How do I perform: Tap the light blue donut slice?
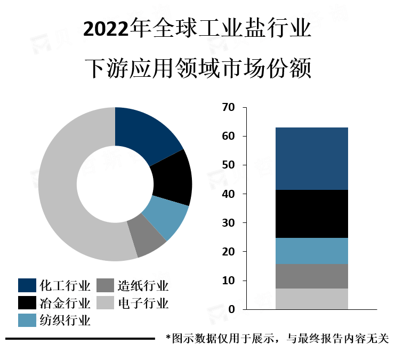click(164, 217)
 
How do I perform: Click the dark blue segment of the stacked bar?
click(311, 158)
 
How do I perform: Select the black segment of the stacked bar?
click(311, 213)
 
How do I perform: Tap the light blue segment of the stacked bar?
click(311, 251)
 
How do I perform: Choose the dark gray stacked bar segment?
click(311, 276)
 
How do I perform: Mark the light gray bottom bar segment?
click(311, 299)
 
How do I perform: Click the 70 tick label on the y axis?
click(228, 108)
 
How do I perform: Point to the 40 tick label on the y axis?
click(228, 194)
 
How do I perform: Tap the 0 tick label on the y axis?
click(231, 309)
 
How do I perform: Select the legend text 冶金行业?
click(65, 303)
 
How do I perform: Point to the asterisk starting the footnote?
click(168, 338)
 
